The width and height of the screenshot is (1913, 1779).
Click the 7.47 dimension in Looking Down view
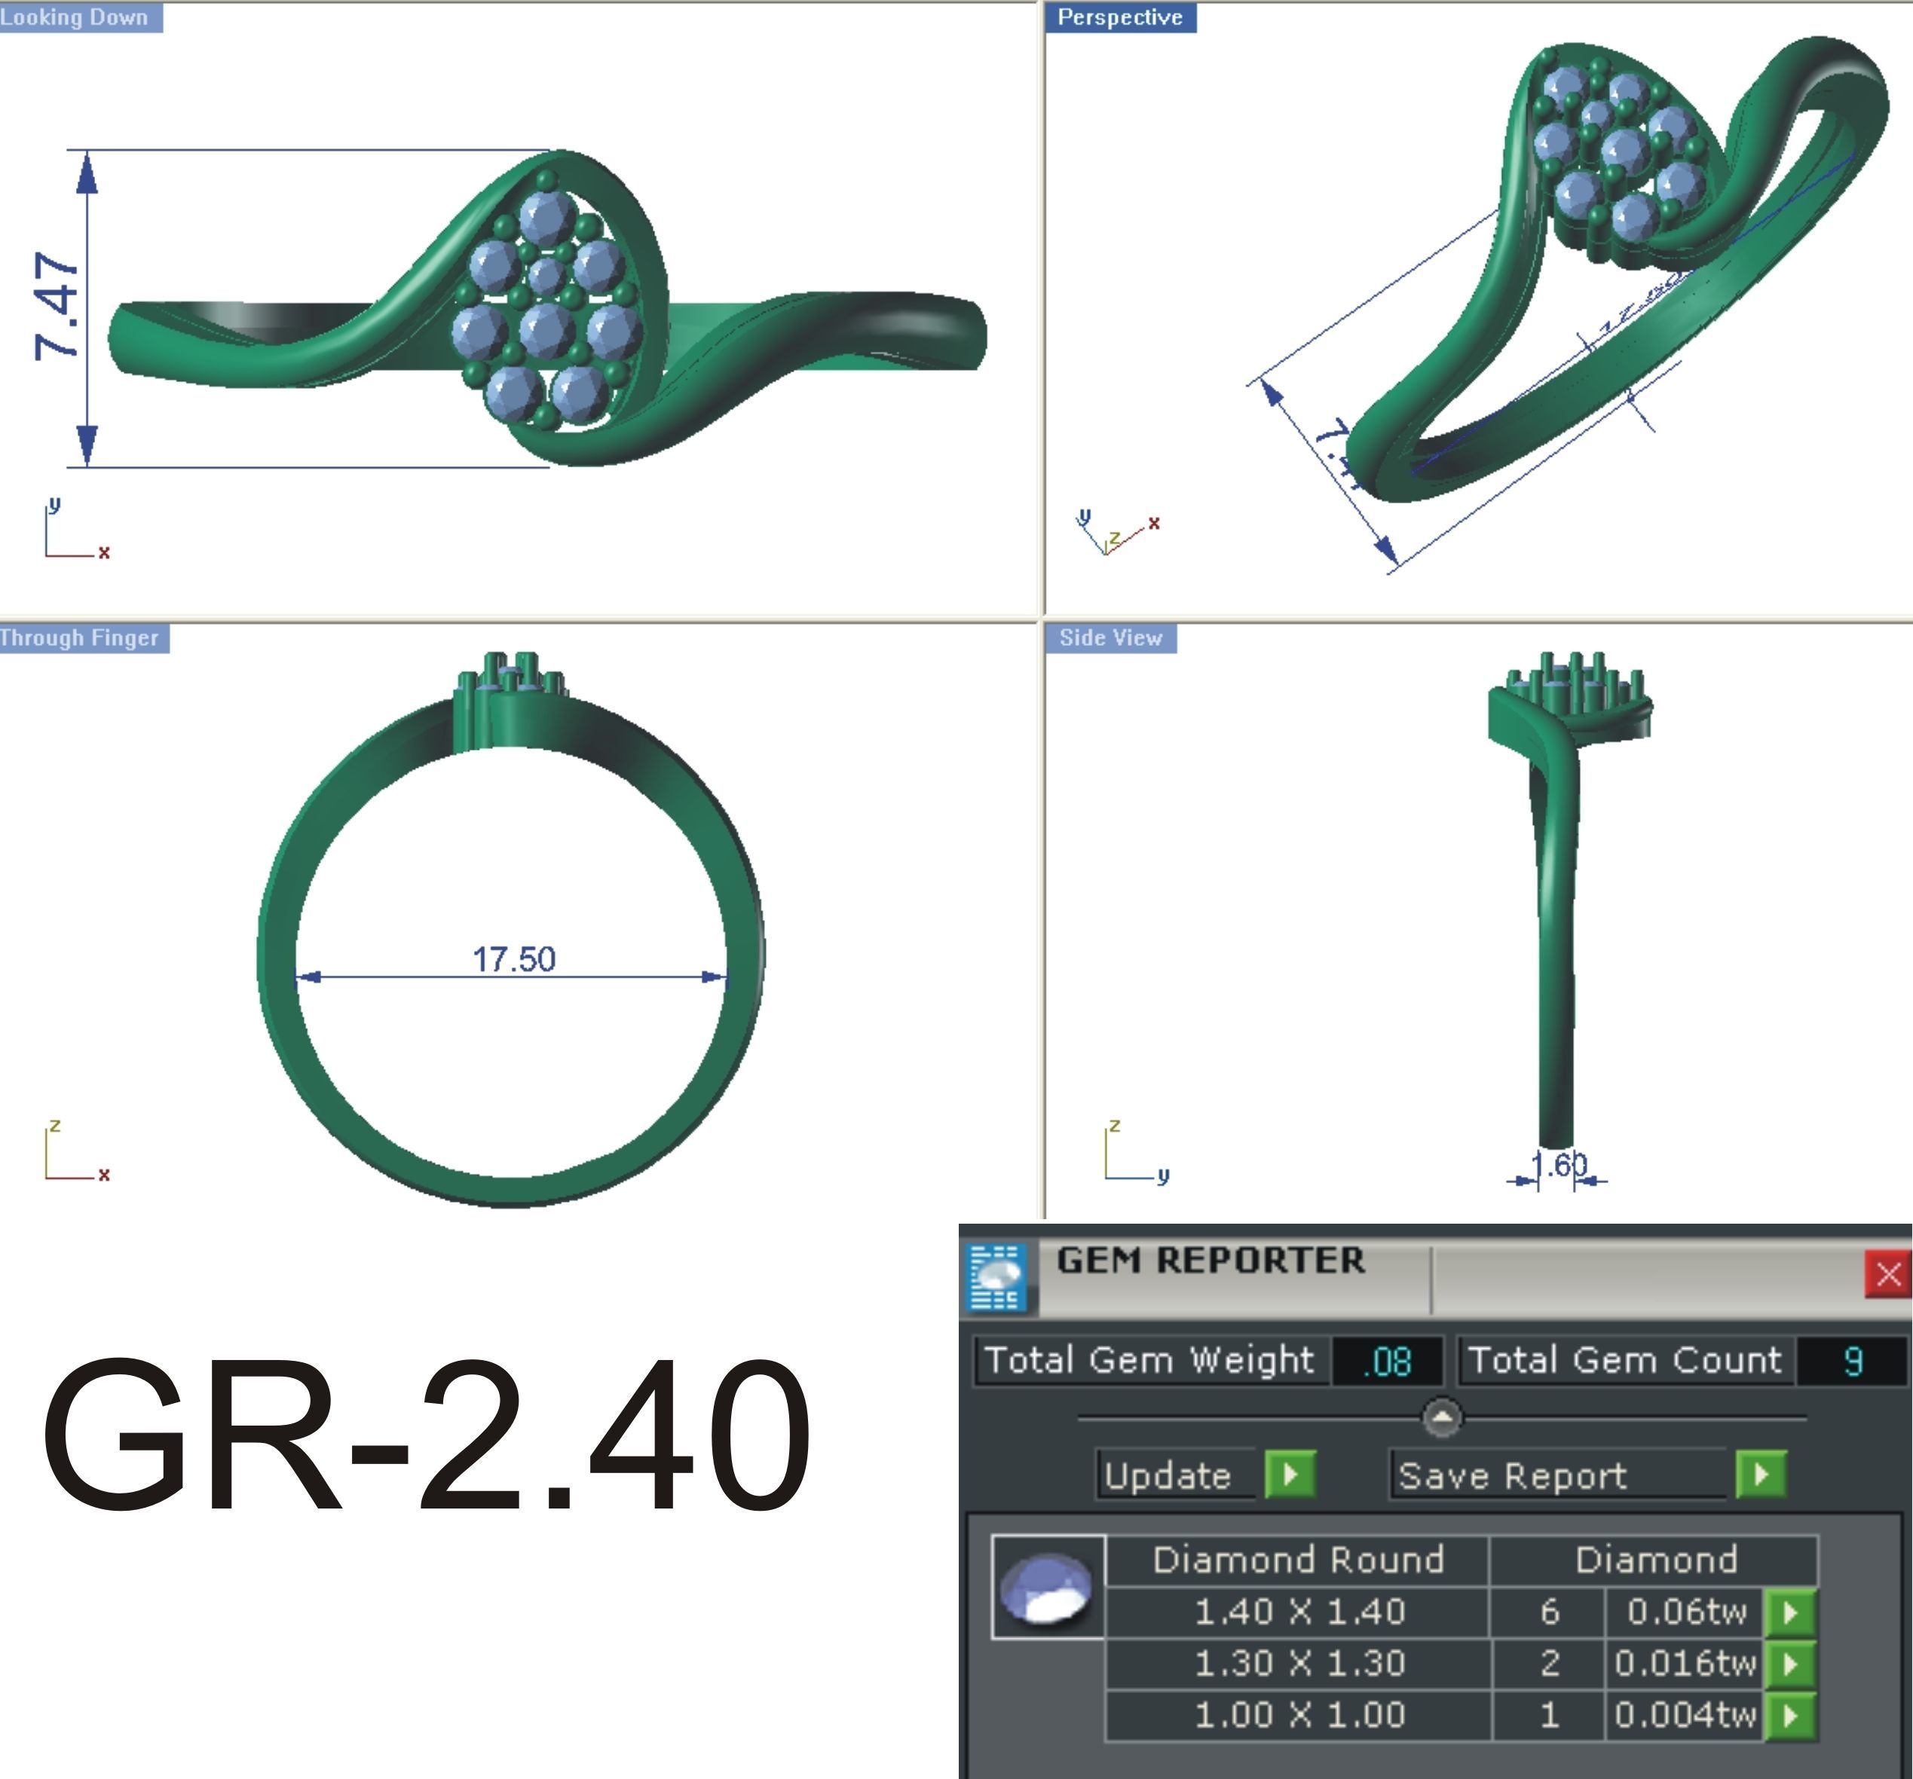[56, 307]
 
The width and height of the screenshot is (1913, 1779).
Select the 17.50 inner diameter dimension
[514, 959]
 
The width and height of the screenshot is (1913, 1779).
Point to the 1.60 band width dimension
[1559, 1165]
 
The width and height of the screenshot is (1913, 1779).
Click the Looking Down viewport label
[77, 17]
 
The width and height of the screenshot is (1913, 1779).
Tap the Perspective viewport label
[1120, 17]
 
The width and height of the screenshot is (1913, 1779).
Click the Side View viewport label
[1110, 638]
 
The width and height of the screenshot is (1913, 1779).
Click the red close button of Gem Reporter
[1887, 1275]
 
